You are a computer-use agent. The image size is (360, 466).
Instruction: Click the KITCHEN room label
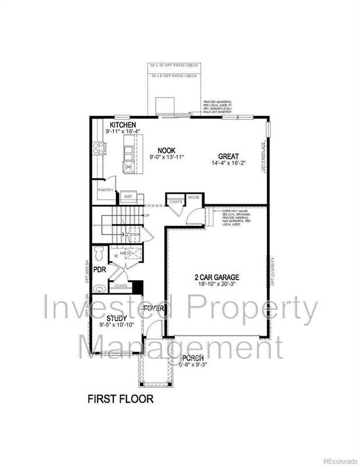123,125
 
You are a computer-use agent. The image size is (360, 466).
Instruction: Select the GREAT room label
229,156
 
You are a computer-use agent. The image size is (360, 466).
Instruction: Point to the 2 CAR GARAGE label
217,277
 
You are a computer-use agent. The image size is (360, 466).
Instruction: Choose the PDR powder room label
100,270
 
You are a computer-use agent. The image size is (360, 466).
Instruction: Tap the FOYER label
154,308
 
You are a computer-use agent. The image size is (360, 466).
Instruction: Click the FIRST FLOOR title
121,399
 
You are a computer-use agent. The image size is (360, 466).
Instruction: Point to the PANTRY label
105,190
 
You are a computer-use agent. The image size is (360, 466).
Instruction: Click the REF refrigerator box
129,197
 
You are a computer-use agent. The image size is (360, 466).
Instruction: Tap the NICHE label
193,197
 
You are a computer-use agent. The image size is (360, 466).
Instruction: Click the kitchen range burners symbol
98,148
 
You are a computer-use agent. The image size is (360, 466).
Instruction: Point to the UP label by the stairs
147,216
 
